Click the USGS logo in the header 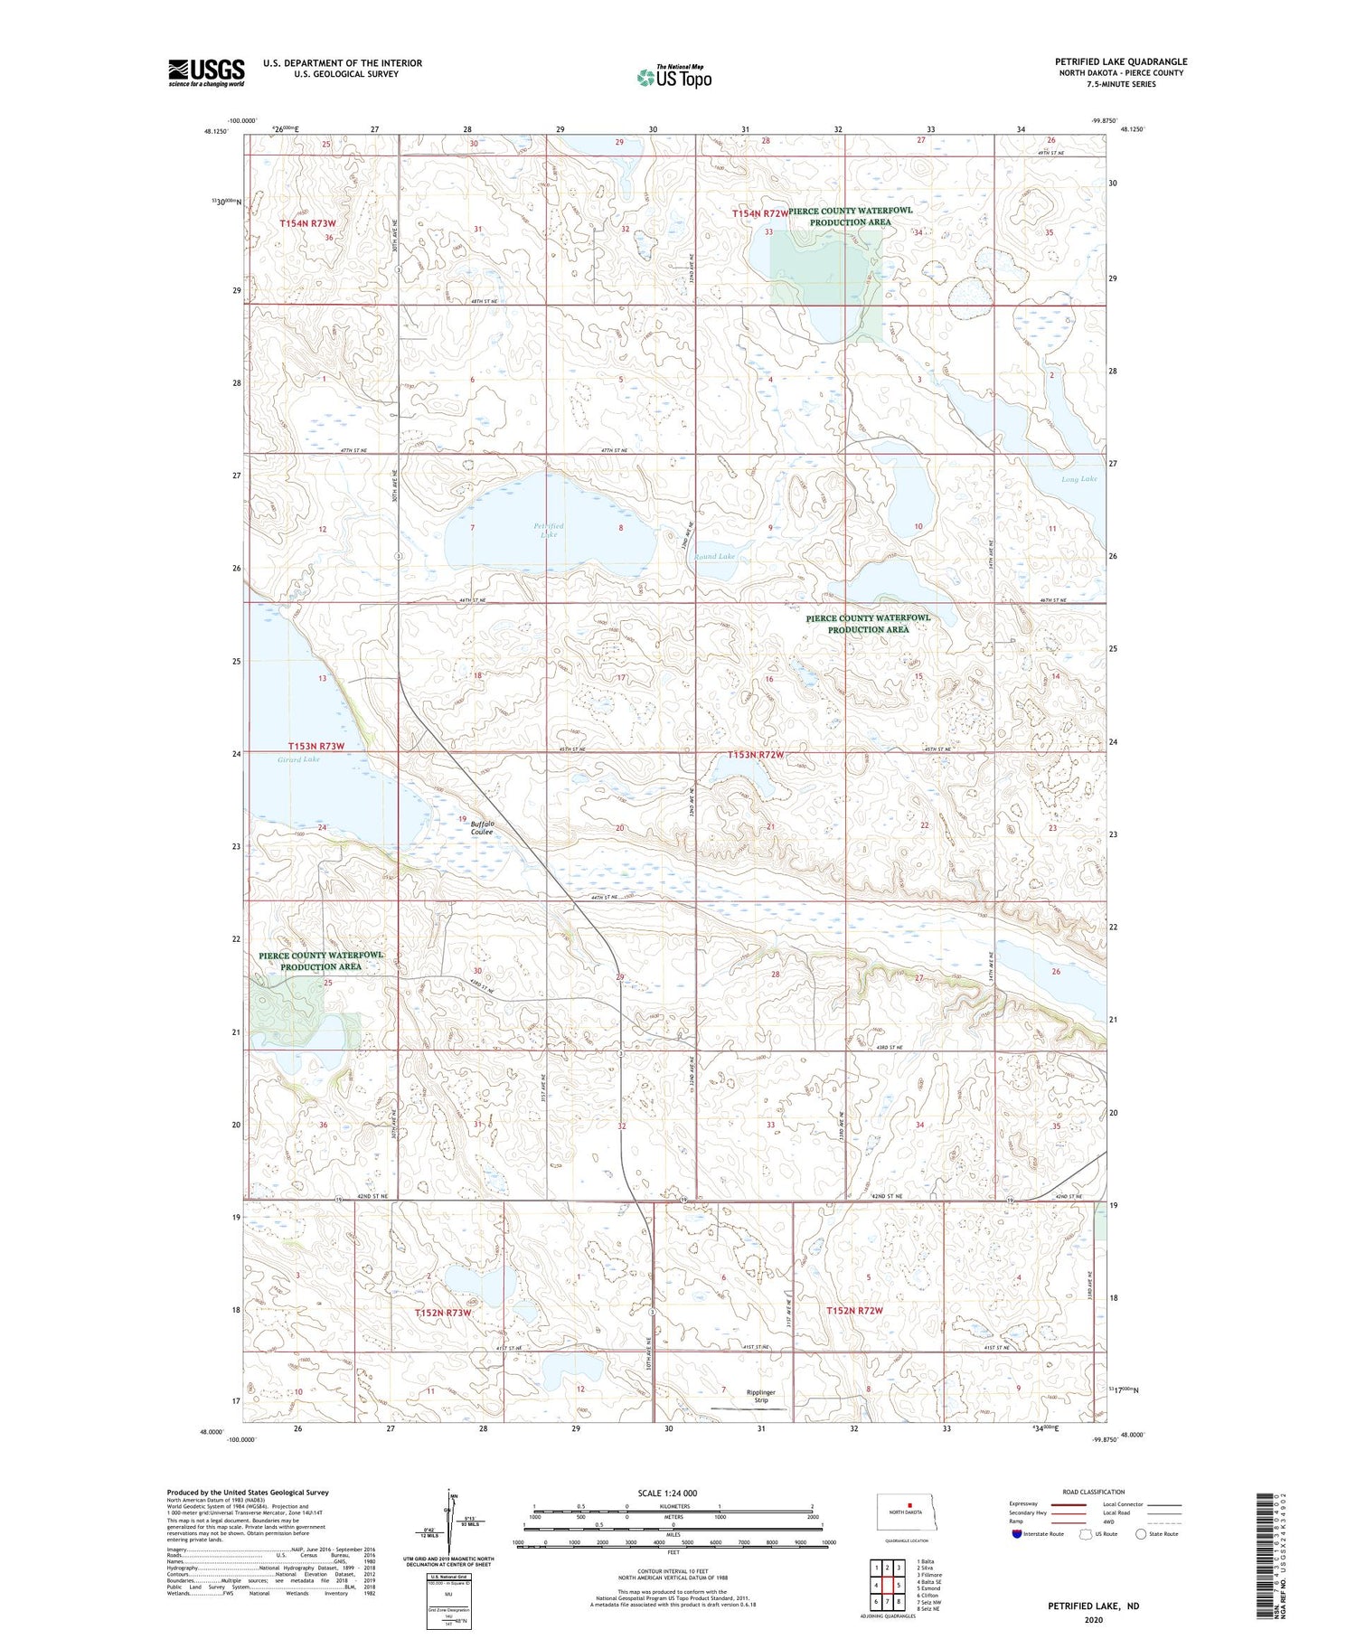pos(206,72)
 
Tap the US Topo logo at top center pos(673,78)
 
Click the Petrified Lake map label pos(548,530)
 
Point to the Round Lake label pos(714,556)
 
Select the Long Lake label pos(1078,478)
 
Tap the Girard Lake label pos(298,759)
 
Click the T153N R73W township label pos(316,746)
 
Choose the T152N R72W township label pos(853,1310)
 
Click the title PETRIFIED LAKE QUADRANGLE pos(1120,61)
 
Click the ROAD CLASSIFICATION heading pos(1094,1492)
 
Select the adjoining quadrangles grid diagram pos(888,1585)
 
